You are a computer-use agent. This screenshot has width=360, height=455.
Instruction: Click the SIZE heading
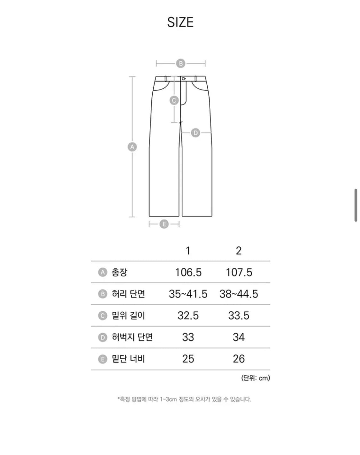click(180, 22)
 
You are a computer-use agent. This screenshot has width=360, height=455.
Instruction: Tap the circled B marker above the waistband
click(180, 63)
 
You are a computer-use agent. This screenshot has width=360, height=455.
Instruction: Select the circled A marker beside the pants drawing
click(132, 147)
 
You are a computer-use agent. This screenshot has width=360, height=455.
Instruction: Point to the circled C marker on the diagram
click(174, 100)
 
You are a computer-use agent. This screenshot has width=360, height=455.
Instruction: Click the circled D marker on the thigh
click(195, 132)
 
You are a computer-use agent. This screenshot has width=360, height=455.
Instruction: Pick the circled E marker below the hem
click(164, 224)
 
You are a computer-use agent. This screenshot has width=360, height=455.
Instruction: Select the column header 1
click(188, 251)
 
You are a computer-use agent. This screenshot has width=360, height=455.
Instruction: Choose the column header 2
click(238, 251)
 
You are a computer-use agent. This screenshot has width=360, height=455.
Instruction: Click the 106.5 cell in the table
click(188, 272)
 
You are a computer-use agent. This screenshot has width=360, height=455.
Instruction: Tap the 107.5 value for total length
click(239, 272)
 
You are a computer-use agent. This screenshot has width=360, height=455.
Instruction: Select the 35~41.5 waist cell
click(188, 294)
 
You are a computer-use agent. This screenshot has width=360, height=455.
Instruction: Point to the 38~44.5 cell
click(239, 294)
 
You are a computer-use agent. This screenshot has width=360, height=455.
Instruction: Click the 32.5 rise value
click(188, 315)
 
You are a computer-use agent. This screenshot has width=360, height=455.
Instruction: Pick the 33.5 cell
click(239, 315)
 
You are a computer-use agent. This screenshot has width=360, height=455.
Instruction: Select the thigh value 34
click(239, 337)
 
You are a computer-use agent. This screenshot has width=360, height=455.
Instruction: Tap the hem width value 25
click(188, 359)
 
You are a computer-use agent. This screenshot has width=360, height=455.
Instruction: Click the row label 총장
click(119, 272)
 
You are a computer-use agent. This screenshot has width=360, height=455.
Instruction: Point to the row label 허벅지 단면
click(132, 337)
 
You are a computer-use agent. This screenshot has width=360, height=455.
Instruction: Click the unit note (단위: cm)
click(255, 378)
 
